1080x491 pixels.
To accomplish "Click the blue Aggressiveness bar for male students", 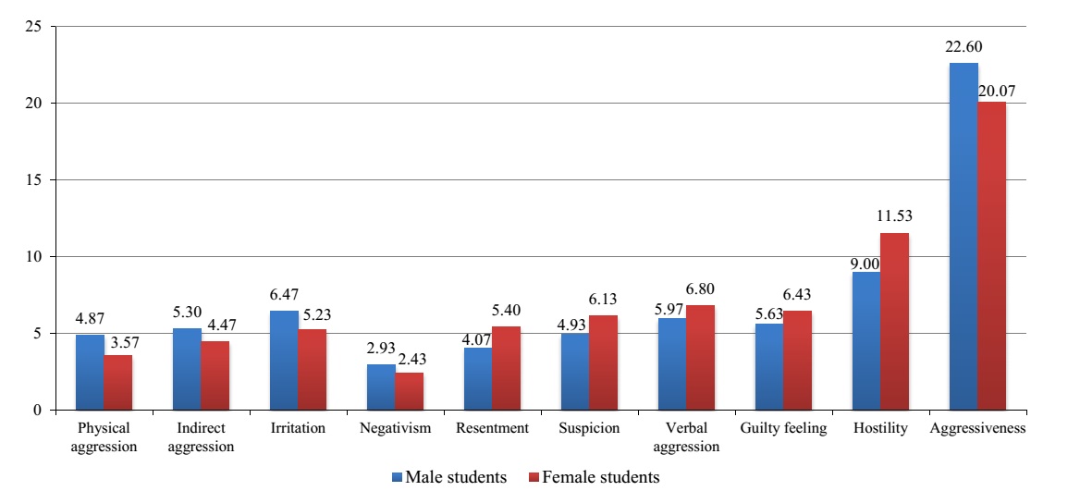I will pyautogui.click(x=963, y=236).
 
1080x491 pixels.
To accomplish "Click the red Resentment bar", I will pyautogui.click(x=506, y=368).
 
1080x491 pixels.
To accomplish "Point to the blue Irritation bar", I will pyautogui.click(x=284, y=360).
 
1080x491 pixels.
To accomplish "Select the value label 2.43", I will pyautogui.click(x=410, y=362).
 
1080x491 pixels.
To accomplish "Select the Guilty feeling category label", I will pyautogui.click(x=783, y=428).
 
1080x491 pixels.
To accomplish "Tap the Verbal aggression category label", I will pyautogui.click(x=685, y=437).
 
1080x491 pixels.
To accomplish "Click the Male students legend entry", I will pyautogui.click(x=449, y=477).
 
